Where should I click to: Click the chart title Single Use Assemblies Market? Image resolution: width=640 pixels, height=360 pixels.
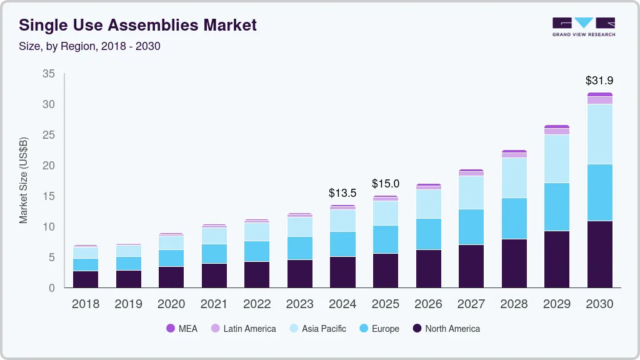pos(137,25)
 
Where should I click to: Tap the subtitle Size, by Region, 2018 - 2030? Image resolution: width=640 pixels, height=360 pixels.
pos(90,46)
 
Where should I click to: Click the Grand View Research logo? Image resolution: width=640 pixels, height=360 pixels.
pos(583,26)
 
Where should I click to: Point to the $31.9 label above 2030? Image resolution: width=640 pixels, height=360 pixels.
pos(599,81)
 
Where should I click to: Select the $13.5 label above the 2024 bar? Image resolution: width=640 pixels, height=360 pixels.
pos(342,193)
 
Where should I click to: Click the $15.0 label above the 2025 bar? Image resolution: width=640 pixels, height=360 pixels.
pos(385,184)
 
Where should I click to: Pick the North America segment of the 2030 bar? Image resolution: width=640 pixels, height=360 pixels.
pos(599,254)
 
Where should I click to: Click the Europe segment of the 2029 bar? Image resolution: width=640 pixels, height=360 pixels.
pos(556,207)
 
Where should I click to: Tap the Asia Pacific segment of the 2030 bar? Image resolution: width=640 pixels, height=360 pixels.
pos(599,134)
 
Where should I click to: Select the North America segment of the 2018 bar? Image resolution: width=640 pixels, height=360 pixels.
pos(85,279)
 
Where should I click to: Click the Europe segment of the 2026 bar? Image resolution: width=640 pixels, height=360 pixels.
pos(428,234)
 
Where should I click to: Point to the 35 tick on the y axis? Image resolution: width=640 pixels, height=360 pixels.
pos(49,74)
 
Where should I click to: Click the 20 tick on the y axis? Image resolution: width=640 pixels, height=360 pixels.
pos(49,166)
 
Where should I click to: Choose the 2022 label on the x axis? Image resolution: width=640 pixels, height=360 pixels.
pos(256,304)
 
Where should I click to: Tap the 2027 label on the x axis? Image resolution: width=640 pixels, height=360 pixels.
pos(471,304)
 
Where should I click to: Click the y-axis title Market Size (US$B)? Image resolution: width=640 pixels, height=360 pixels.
pos(24,180)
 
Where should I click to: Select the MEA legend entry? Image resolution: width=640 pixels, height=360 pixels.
pos(182,328)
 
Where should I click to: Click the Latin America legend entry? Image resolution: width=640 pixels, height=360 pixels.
pos(244,328)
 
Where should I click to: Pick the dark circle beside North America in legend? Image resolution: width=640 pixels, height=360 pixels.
pos(417,328)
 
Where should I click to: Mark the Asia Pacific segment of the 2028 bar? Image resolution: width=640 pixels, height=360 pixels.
pos(514,177)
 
